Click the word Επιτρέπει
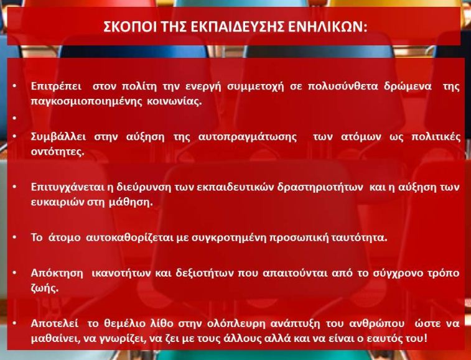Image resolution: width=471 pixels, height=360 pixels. coord(56,86)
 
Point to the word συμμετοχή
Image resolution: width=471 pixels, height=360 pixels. coord(255,87)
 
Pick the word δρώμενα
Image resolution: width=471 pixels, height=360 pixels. coord(408,86)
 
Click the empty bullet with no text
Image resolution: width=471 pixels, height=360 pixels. coord(14,118)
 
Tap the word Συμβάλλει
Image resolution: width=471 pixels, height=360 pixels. coord(58,137)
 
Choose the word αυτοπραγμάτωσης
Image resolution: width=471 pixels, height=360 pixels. coord(248,137)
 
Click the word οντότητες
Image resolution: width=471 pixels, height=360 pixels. coord(57,152)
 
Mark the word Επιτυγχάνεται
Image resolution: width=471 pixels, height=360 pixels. coord(68,187)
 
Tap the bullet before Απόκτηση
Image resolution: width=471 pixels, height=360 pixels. coord(14,273)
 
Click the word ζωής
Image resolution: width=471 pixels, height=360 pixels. coord(44,288)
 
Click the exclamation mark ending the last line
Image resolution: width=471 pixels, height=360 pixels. coord(424,338)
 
